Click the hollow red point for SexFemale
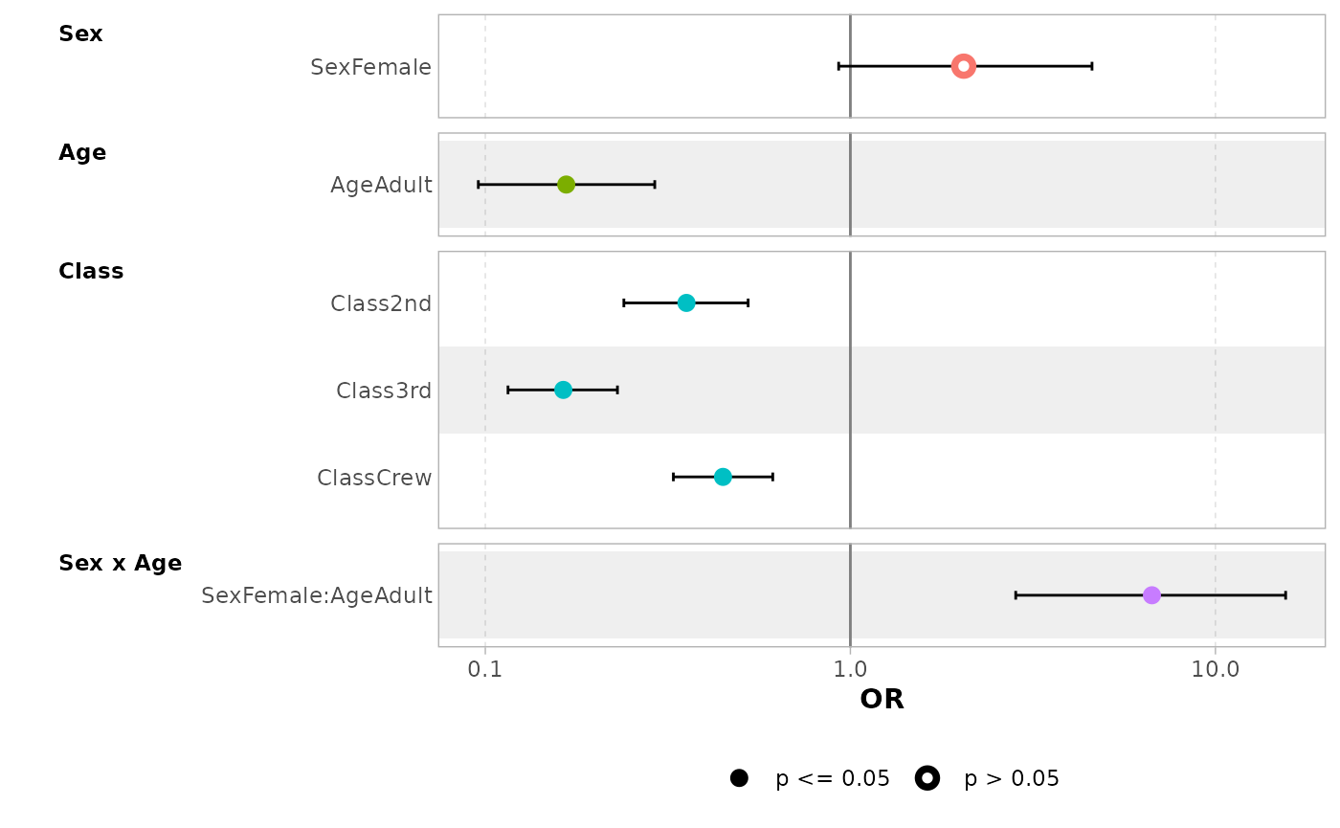coord(964,66)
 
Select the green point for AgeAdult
coord(566,184)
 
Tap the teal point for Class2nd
coord(686,302)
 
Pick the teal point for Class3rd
coord(563,390)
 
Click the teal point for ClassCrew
coord(723,477)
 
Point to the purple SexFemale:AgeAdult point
coord(1151,595)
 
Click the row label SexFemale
coord(371,68)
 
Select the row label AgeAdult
coord(381,186)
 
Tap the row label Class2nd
coord(381,304)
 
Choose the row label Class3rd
coord(384,392)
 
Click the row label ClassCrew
coord(374,479)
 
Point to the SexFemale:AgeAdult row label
coord(317,596)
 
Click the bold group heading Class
coord(91,271)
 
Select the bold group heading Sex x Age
coord(120,563)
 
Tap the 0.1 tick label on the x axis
coord(485,670)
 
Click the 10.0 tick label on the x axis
coord(1216,670)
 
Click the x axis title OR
coord(882,700)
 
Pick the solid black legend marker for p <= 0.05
coord(739,778)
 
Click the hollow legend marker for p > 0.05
coord(927,778)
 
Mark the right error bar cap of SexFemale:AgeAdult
coord(1285,595)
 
